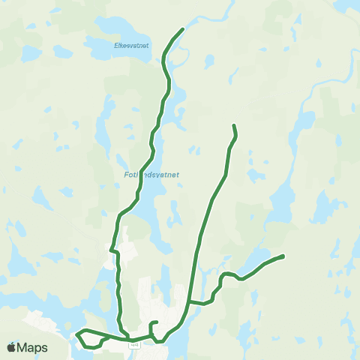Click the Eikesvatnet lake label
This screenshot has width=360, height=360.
tap(132, 46)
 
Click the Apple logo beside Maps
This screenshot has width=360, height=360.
tap(10, 348)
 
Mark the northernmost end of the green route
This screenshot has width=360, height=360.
tap(183, 29)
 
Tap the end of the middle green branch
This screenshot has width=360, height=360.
tap(235, 125)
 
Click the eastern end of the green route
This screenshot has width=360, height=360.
tap(283, 256)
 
